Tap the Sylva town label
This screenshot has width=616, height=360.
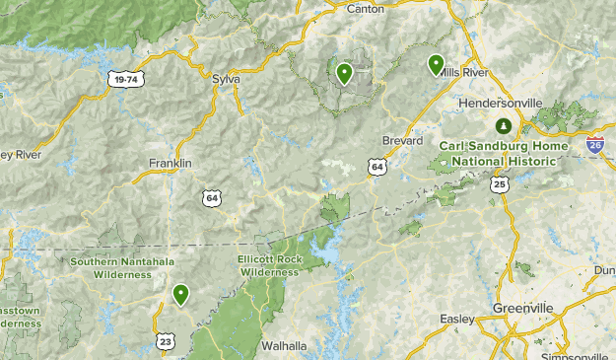pyautogui.click(x=226, y=77)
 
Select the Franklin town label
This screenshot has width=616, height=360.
pyautogui.click(x=170, y=163)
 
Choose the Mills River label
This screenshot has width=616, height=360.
pyautogui.click(x=463, y=73)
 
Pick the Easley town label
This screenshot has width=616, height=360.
pyautogui.click(x=457, y=319)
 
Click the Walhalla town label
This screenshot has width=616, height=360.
pyautogui.click(x=284, y=346)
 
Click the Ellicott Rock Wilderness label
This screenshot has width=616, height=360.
pyautogui.click(x=268, y=265)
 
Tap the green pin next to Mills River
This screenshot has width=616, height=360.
pyautogui.click(x=436, y=65)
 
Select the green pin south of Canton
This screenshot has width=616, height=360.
pyautogui.click(x=344, y=73)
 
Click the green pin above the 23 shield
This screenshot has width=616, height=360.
pyautogui.click(x=180, y=294)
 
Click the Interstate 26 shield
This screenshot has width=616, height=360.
pyautogui.click(x=594, y=145)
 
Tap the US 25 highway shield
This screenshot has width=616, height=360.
pyautogui.click(x=500, y=184)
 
